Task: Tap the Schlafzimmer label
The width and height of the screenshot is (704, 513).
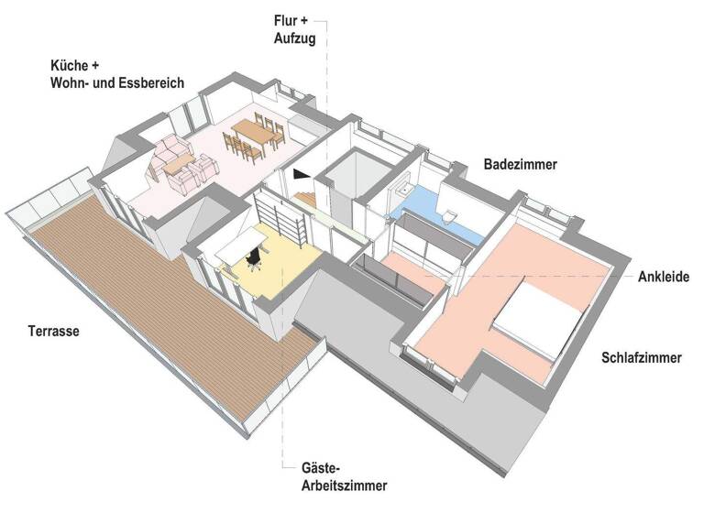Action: pyautogui.click(x=641, y=358)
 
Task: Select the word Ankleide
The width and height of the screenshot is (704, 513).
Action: pyautogui.click(x=664, y=277)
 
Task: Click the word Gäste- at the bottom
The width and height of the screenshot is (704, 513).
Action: pyautogui.click(x=323, y=467)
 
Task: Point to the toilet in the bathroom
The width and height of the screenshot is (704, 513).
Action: pyautogui.click(x=447, y=215)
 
